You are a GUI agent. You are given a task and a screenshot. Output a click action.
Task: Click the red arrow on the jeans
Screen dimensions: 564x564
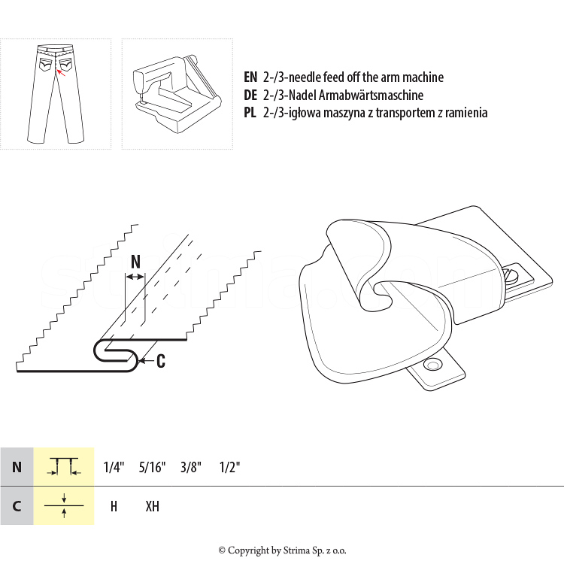coord(61,73)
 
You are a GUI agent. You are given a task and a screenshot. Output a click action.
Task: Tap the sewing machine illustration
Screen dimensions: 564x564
coord(177,94)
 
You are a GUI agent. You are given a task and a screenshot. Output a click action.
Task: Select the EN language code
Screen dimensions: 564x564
coord(250,77)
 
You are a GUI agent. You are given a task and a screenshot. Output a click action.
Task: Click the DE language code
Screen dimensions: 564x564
coord(250,95)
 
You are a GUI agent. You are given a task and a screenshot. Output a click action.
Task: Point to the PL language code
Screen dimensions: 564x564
coord(250,113)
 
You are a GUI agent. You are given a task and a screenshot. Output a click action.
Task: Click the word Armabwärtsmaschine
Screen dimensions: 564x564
coord(371,95)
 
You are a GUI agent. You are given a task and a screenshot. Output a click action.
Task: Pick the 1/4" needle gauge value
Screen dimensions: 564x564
coord(114,467)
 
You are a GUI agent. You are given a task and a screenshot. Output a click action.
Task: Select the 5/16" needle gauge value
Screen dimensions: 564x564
coord(152,467)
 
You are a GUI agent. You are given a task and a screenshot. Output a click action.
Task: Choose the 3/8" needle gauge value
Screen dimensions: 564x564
coord(191,467)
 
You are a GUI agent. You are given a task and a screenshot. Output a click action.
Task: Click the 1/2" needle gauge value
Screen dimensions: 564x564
coord(229,467)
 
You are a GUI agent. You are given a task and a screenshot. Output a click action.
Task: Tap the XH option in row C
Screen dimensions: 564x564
coord(152,506)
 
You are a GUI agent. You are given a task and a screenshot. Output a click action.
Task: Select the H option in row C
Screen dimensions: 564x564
coord(114,506)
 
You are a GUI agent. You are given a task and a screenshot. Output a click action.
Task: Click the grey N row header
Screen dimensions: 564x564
coord(17,466)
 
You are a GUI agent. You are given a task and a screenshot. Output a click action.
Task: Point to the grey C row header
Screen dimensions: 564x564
coord(17,506)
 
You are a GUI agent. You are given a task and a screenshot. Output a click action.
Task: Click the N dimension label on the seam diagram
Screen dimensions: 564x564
coord(135,262)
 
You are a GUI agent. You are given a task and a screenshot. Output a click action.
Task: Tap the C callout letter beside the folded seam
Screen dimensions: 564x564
coord(161,361)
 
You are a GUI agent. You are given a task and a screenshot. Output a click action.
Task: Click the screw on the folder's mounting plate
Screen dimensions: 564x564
coord(511,274)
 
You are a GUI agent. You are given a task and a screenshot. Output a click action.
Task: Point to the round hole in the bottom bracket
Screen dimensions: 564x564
coord(432,365)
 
